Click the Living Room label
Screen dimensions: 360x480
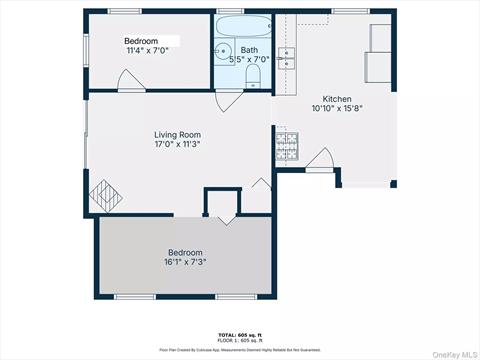(178, 134)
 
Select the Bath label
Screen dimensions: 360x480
(249, 50)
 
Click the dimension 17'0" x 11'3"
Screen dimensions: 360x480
(178, 145)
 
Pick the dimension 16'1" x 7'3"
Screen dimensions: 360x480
(185, 263)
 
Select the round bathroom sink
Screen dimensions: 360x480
(223, 53)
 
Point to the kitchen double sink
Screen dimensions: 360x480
(287, 57)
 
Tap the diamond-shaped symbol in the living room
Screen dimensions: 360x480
(104, 191)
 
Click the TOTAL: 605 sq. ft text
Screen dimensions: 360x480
(239, 333)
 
